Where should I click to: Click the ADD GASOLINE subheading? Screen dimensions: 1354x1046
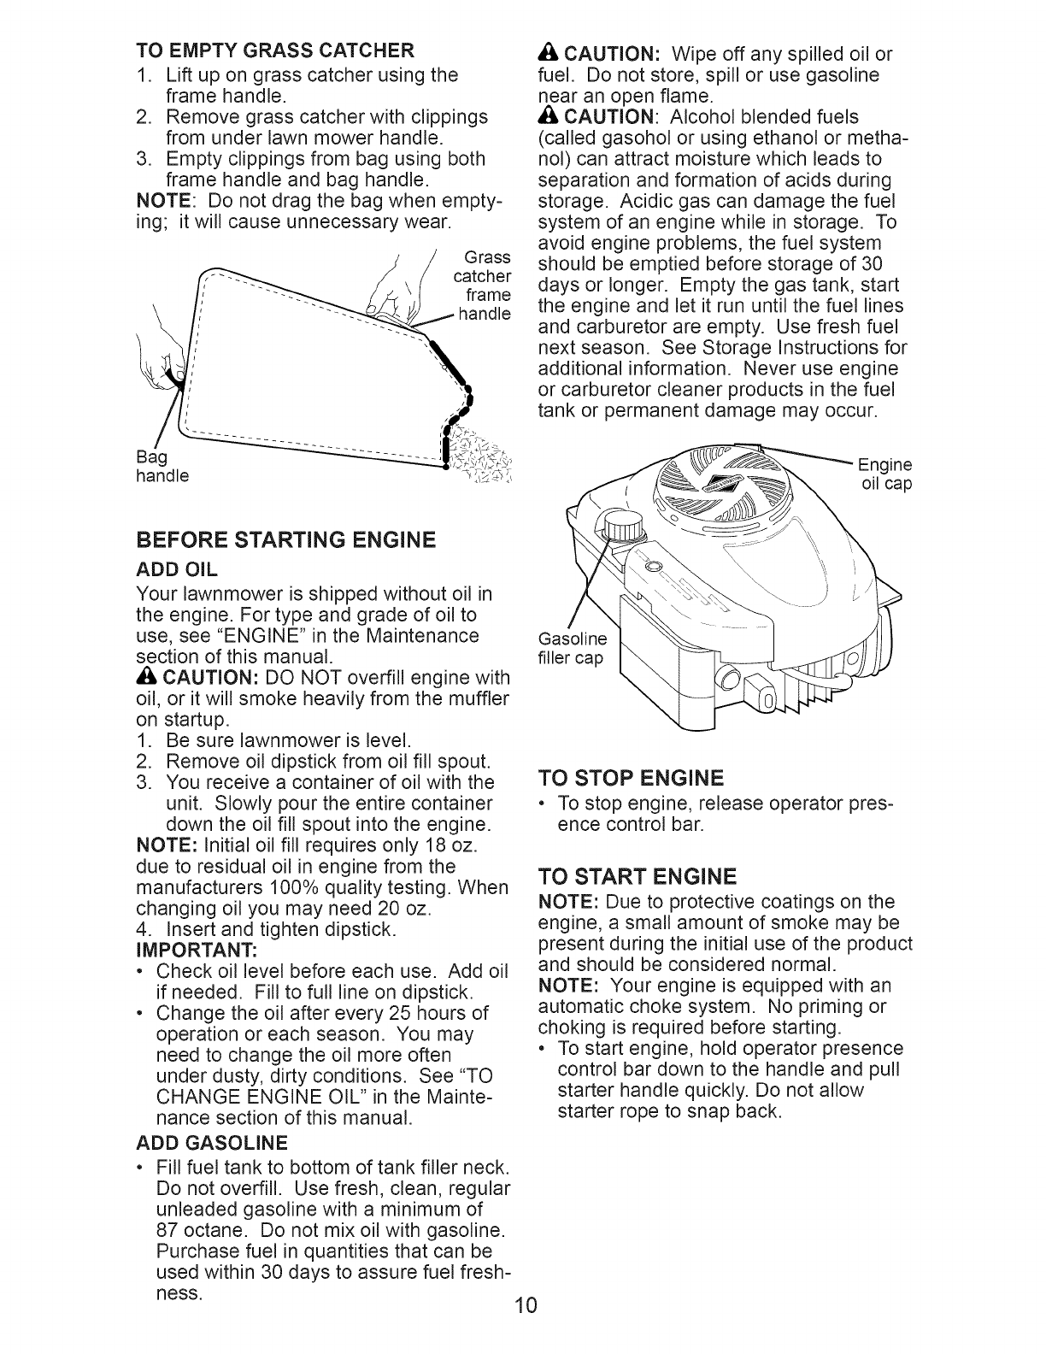[212, 1143]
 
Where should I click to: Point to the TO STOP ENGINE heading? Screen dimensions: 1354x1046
[632, 778]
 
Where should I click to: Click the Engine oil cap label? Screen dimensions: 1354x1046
[885, 474]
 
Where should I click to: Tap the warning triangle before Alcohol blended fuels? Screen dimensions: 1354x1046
[548, 115]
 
